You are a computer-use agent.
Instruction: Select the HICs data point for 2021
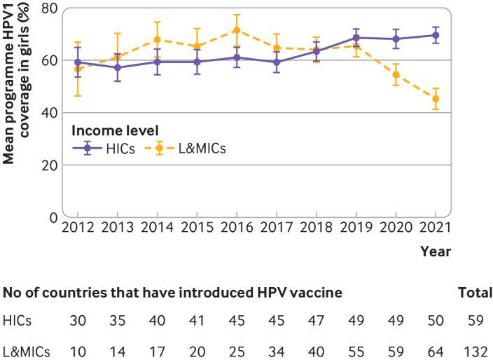[x=436, y=35]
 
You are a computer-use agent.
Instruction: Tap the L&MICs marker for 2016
[x=237, y=30]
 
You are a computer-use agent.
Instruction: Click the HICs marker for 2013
[x=118, y=67]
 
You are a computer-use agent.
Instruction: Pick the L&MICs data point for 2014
[x=158, y=39]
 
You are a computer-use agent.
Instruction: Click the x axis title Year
[x=436, y=251]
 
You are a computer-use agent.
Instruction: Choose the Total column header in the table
[x=474, y=293]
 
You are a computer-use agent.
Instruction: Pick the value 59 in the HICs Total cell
[x=474, y=322]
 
